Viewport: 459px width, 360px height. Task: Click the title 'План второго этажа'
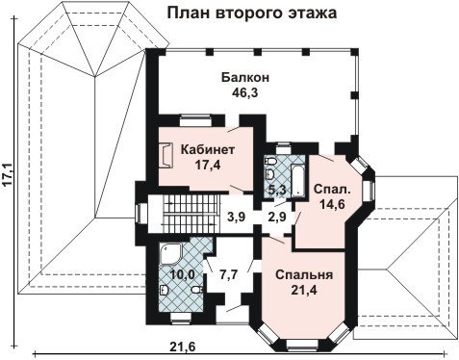click(x=252, y=13)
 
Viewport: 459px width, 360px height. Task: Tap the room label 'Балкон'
click(x=245, y=78)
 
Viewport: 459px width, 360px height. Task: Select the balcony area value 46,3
click(x=245, y=93)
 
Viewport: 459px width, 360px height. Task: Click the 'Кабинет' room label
click(x=208, y=149)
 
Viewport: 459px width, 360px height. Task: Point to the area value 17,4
click(x=208, y=165)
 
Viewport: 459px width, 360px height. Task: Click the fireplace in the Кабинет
click(x=166, y=155)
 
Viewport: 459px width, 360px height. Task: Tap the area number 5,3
click(x=277, y=191)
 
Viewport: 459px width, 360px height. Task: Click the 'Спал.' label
click(x=332, y=189)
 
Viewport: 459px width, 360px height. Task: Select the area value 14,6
click(x=332, y=204)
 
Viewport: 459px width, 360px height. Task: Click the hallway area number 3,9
click(x=236, y=218)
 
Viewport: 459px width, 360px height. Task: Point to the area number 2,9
click(x=276, y=218)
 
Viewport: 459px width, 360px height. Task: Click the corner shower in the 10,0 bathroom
click(x=171, y=253)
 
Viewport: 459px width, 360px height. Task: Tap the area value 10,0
click(x=182, y=274)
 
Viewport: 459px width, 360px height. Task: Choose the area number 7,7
click(x=228, y=274)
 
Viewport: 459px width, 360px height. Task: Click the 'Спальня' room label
click(x=304, y=275)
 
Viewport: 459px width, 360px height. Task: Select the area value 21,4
click(x=304, y=291)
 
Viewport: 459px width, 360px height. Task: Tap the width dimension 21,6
click(x=183, y=347)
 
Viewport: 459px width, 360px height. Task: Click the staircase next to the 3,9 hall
click(x=191, y=213)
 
